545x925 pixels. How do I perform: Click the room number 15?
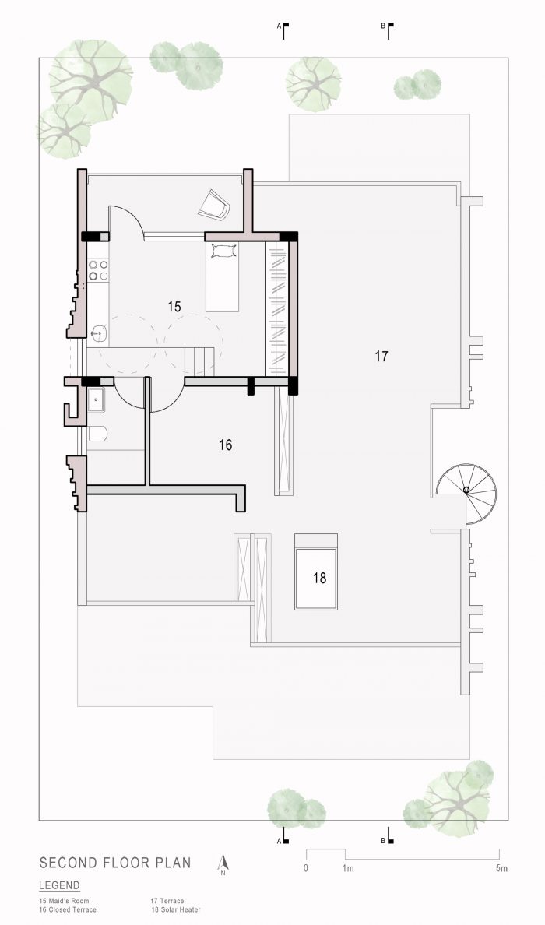(174, 307)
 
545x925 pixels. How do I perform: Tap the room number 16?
(225, 445)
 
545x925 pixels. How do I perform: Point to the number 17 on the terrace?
(381, 357)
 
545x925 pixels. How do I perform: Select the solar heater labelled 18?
(316, 572)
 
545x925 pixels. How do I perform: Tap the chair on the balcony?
(213, 204)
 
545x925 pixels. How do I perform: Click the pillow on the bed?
(222, 252)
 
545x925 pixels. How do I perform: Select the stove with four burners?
(98, 270)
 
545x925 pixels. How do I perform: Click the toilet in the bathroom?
(97, 434)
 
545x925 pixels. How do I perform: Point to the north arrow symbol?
(223, 864)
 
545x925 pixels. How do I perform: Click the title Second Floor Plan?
(115, 863)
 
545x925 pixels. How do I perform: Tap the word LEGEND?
(59, 885)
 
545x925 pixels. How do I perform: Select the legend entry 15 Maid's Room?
(64, 902)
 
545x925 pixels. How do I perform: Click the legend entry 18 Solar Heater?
(176, 909)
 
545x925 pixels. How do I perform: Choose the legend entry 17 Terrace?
(167, 902)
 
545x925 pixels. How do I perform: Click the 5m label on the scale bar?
(501, 868)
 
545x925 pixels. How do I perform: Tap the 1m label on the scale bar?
(348, 868)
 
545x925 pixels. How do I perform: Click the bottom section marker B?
(387, 836)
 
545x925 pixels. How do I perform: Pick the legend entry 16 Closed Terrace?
(68, 909)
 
